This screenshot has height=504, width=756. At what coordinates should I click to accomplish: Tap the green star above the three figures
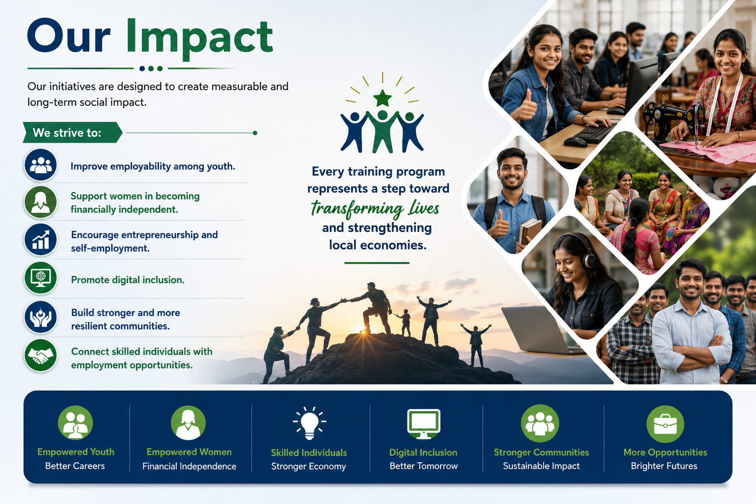point(382,98)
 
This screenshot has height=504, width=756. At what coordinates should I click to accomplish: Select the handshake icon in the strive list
point(40,356)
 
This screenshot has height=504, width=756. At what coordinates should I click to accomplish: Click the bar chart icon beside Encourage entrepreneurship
point(40,240)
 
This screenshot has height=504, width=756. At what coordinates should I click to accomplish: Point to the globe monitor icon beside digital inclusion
point(40,278)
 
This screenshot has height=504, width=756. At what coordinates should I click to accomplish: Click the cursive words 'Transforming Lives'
point(375,208)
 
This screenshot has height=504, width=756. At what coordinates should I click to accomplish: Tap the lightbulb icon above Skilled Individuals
point(309,423)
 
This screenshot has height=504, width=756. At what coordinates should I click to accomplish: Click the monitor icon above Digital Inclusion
point(424,424)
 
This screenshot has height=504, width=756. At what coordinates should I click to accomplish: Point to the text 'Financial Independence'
point(189,466)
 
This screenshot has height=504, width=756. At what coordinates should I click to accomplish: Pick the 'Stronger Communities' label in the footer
point(541,452)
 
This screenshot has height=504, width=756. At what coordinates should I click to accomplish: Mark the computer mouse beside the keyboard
point(576,142)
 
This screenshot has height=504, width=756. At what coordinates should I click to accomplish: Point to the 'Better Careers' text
point(75,466)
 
